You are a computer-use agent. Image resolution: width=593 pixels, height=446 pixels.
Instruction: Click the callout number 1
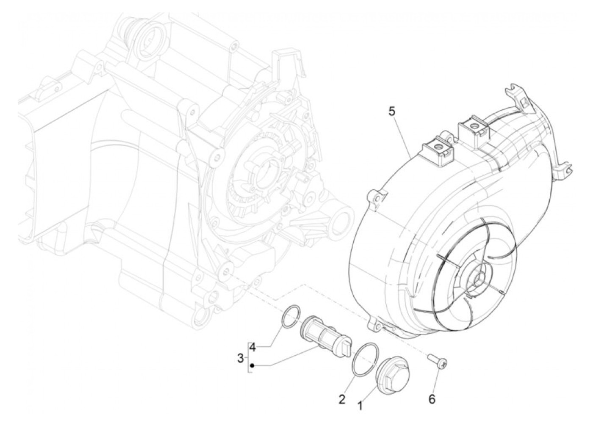click(360, 406)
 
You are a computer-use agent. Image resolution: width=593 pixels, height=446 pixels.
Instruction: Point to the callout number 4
click(252, 348)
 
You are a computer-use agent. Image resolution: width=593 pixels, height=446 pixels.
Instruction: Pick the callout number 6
click(432, 399)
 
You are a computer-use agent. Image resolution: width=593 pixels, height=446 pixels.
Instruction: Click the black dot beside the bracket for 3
click(252, 365)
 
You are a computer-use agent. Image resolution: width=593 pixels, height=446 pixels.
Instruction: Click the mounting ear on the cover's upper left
click(376, 195)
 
